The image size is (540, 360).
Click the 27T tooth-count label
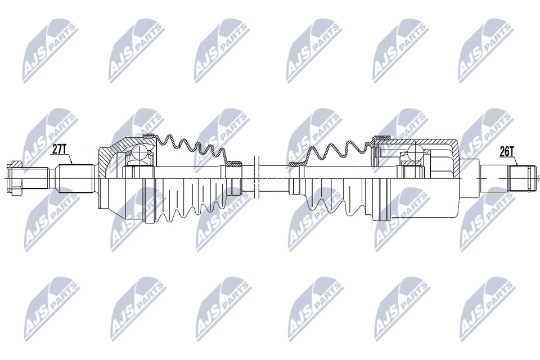tap(59, 149)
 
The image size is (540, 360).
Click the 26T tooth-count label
tap(507, 151)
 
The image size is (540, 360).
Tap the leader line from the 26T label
tap(514, 161)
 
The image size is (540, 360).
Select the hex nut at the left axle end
tap(15, 179)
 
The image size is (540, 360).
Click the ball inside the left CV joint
tap(138, 152)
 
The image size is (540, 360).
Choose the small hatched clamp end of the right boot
tap(296, 164)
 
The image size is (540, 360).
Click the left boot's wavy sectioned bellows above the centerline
tap(191, 147)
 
